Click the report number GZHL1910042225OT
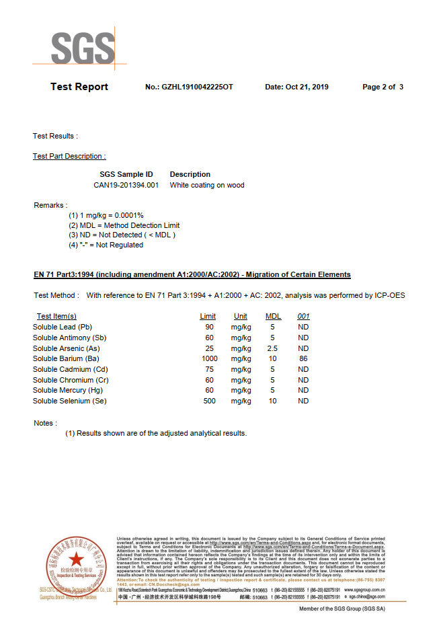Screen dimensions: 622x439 click(198, 87)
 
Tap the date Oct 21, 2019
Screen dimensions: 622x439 click(296, 87)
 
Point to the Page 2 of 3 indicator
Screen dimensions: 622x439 click(383, 87)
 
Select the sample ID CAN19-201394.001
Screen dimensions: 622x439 click(126, 185)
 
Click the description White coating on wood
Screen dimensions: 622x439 click(207, 185)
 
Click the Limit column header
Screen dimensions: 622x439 click(208, 316)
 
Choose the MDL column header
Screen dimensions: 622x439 click(273, 316)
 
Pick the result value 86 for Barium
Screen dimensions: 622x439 click(303, 358)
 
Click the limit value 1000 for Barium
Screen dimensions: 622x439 click(210, 358)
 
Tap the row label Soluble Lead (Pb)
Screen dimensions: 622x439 click(63, 327)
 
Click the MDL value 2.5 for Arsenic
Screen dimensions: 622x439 click(272, 348)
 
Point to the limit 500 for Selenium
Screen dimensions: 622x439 click(210, 401)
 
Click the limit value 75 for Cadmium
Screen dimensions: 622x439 click(210, 369)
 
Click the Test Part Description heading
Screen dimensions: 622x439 click(69, 156)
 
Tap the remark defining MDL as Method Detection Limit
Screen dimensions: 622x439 click(124, 225)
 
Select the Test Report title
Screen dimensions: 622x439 click(79, 87)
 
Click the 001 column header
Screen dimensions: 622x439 click(303, 316)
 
